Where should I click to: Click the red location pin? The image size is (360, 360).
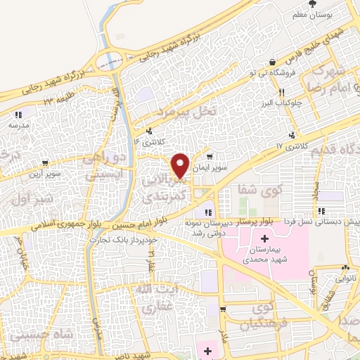point(181,165)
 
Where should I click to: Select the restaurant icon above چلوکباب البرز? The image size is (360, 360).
point(281,92)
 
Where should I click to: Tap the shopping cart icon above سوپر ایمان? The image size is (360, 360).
point(210,157)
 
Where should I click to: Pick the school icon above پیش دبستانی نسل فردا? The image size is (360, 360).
point(321,211)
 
